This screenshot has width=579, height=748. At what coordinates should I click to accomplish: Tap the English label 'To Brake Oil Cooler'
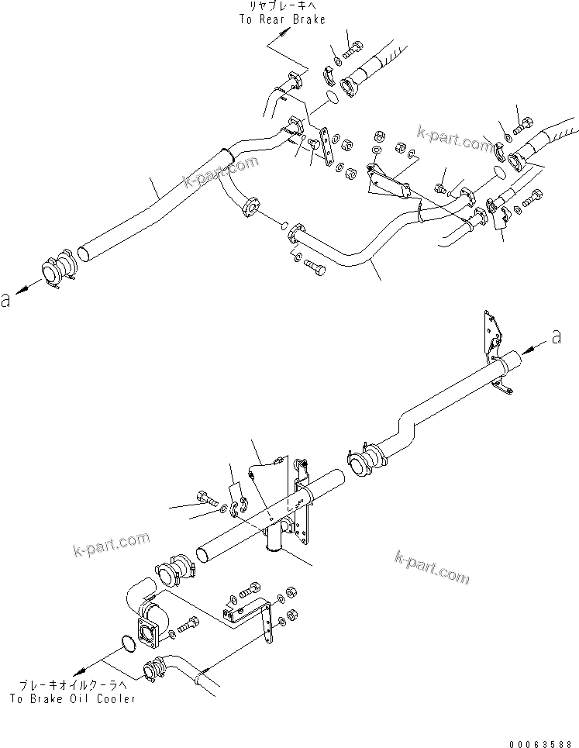click(x=74, y=699)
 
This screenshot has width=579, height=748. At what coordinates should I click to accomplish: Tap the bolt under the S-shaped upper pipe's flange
click(x=314, y=266)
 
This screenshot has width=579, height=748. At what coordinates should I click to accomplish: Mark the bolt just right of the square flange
click(x=188, y=624)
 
